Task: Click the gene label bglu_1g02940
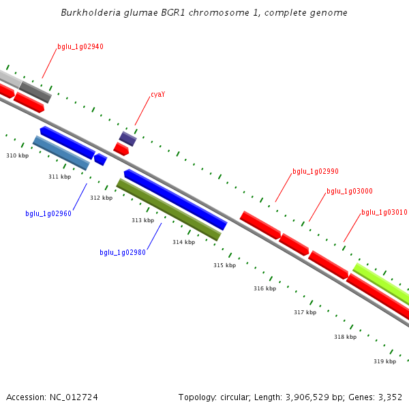click(80, 46)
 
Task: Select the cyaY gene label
click(157, 94)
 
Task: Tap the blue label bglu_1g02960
click(48, 213)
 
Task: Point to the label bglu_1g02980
click(123, 252)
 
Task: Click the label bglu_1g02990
click(316, 171)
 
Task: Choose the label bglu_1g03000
click(350, 191)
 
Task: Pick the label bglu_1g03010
click(384, 212)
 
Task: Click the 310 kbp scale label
click(18, 156)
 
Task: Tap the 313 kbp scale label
click(142, 220)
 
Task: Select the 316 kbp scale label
click(264, 288)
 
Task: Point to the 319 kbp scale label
click(384, 361)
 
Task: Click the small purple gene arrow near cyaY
click(128, 138)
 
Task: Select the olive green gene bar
click(169, 209)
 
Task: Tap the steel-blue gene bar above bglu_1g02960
click(61, 153)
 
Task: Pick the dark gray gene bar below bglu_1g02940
click(35, 91)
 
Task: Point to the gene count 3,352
click(389, 397)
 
